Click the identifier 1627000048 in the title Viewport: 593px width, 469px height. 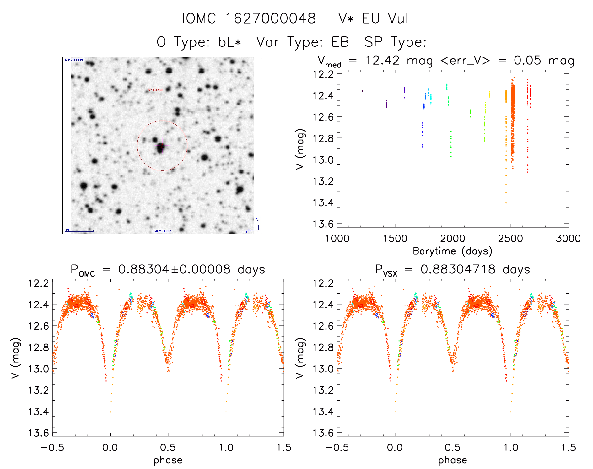[271, 19]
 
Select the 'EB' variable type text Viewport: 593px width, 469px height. [340, 42]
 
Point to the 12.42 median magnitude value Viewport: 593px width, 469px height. [382, 60]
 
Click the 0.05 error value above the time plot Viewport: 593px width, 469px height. [527, 60]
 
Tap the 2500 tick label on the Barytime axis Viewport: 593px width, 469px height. [510, 238]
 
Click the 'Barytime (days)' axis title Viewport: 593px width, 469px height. [452, 251]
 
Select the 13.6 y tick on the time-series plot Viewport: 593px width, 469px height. [323, 224]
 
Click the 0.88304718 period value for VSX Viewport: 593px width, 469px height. [458, 269]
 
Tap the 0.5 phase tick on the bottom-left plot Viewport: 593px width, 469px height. [168, 447]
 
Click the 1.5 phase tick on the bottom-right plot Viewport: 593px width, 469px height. [568, 447]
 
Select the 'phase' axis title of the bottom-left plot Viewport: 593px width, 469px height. [168, 460]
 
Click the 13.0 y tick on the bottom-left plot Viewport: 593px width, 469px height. [39, 369]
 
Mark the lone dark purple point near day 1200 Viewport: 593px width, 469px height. [362, 91]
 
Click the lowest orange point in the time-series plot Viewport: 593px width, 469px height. [506, 203]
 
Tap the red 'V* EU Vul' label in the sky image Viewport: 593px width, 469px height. [155, 90]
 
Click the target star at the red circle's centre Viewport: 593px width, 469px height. [161, 147]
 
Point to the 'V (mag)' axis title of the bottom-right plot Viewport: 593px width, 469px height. [300, 358]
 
